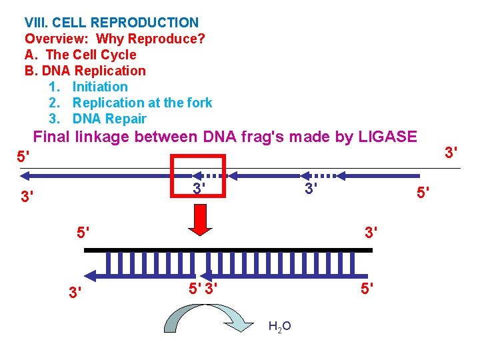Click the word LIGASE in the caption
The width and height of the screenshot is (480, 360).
tap(387, 137)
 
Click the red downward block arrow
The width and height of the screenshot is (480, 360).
tap(201, 219)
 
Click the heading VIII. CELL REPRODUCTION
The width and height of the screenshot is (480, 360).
tap(111, 23)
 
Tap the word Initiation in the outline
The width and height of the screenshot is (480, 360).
tap(100, 87)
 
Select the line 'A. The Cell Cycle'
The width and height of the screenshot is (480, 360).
tap(80, 55)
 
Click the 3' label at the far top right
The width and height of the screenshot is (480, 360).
tap(451, 153)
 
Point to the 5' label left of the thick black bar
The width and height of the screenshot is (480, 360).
tap(83, 234)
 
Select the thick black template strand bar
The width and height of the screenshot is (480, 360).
tap(228, 249)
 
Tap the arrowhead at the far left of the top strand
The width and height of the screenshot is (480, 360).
tap(25, 176)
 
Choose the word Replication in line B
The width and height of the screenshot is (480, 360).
tap(110, 71)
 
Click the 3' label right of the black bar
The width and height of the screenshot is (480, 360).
tap(371, 234)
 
